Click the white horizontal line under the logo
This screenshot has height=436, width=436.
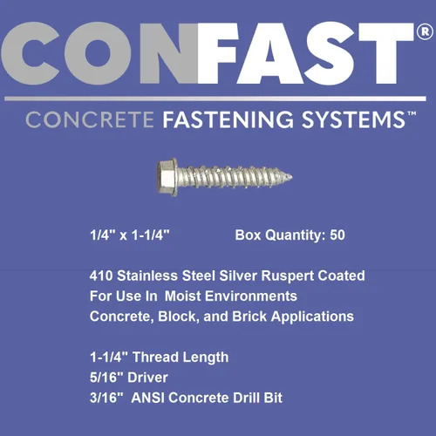pyautogui.click(x=218, y=99)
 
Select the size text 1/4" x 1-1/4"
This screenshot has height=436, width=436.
pyautogui.click(x=129, y=235)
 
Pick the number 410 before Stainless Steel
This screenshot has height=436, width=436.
pyautogui.click(x=102, y=276)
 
